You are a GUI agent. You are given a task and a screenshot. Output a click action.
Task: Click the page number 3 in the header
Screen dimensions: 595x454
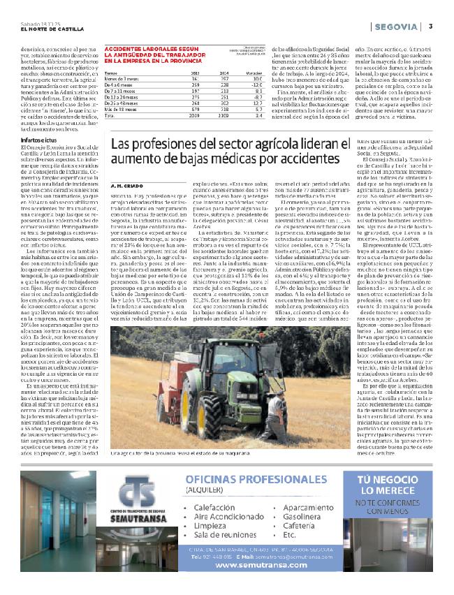click(x=431, y=27)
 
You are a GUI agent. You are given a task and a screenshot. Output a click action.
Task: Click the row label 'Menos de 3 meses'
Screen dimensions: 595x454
click(x=122, y=78)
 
